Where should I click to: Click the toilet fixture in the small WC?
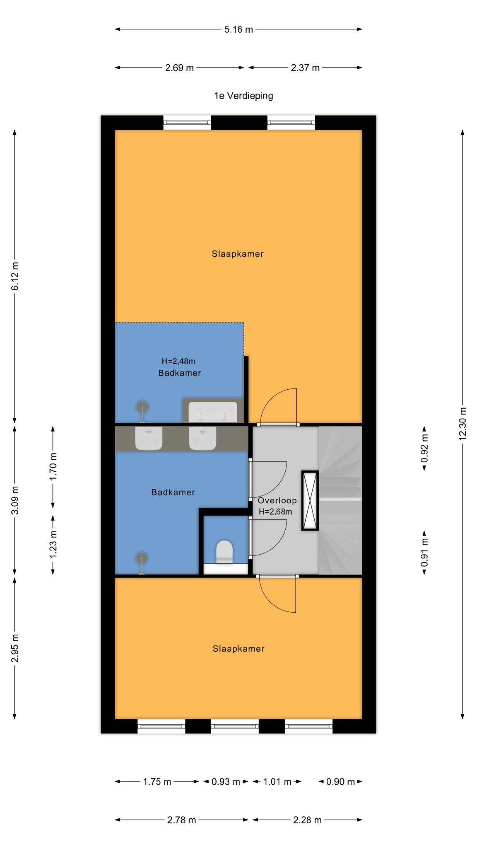click(x=224, y=551)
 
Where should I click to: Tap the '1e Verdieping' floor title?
click(x=243, y=96)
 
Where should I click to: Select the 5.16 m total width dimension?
click(x=238, y=29)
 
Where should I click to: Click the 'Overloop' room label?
click(x=277, y=500)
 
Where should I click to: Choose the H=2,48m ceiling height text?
click(x=178, y=361)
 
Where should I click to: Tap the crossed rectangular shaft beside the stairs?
click(x=310, y=500)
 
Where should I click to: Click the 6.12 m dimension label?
click(x=15, y=276)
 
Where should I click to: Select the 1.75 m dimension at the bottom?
click(x=157, y=782)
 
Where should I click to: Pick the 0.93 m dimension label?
click(x=226, y=782)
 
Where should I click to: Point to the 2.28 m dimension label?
click(x=307, y=820)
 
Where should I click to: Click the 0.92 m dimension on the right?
click(x=424, y=449)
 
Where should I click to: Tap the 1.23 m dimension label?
click(x=53, y=545)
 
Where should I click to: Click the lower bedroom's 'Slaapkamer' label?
click(x=238, y=649)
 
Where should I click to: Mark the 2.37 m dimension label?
click(x=305, y=68)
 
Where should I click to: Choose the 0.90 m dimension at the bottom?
click(x=340, y=782)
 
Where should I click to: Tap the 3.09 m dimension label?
click(x=15, y=500)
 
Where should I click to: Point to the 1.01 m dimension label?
click(x=277, y=782)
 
